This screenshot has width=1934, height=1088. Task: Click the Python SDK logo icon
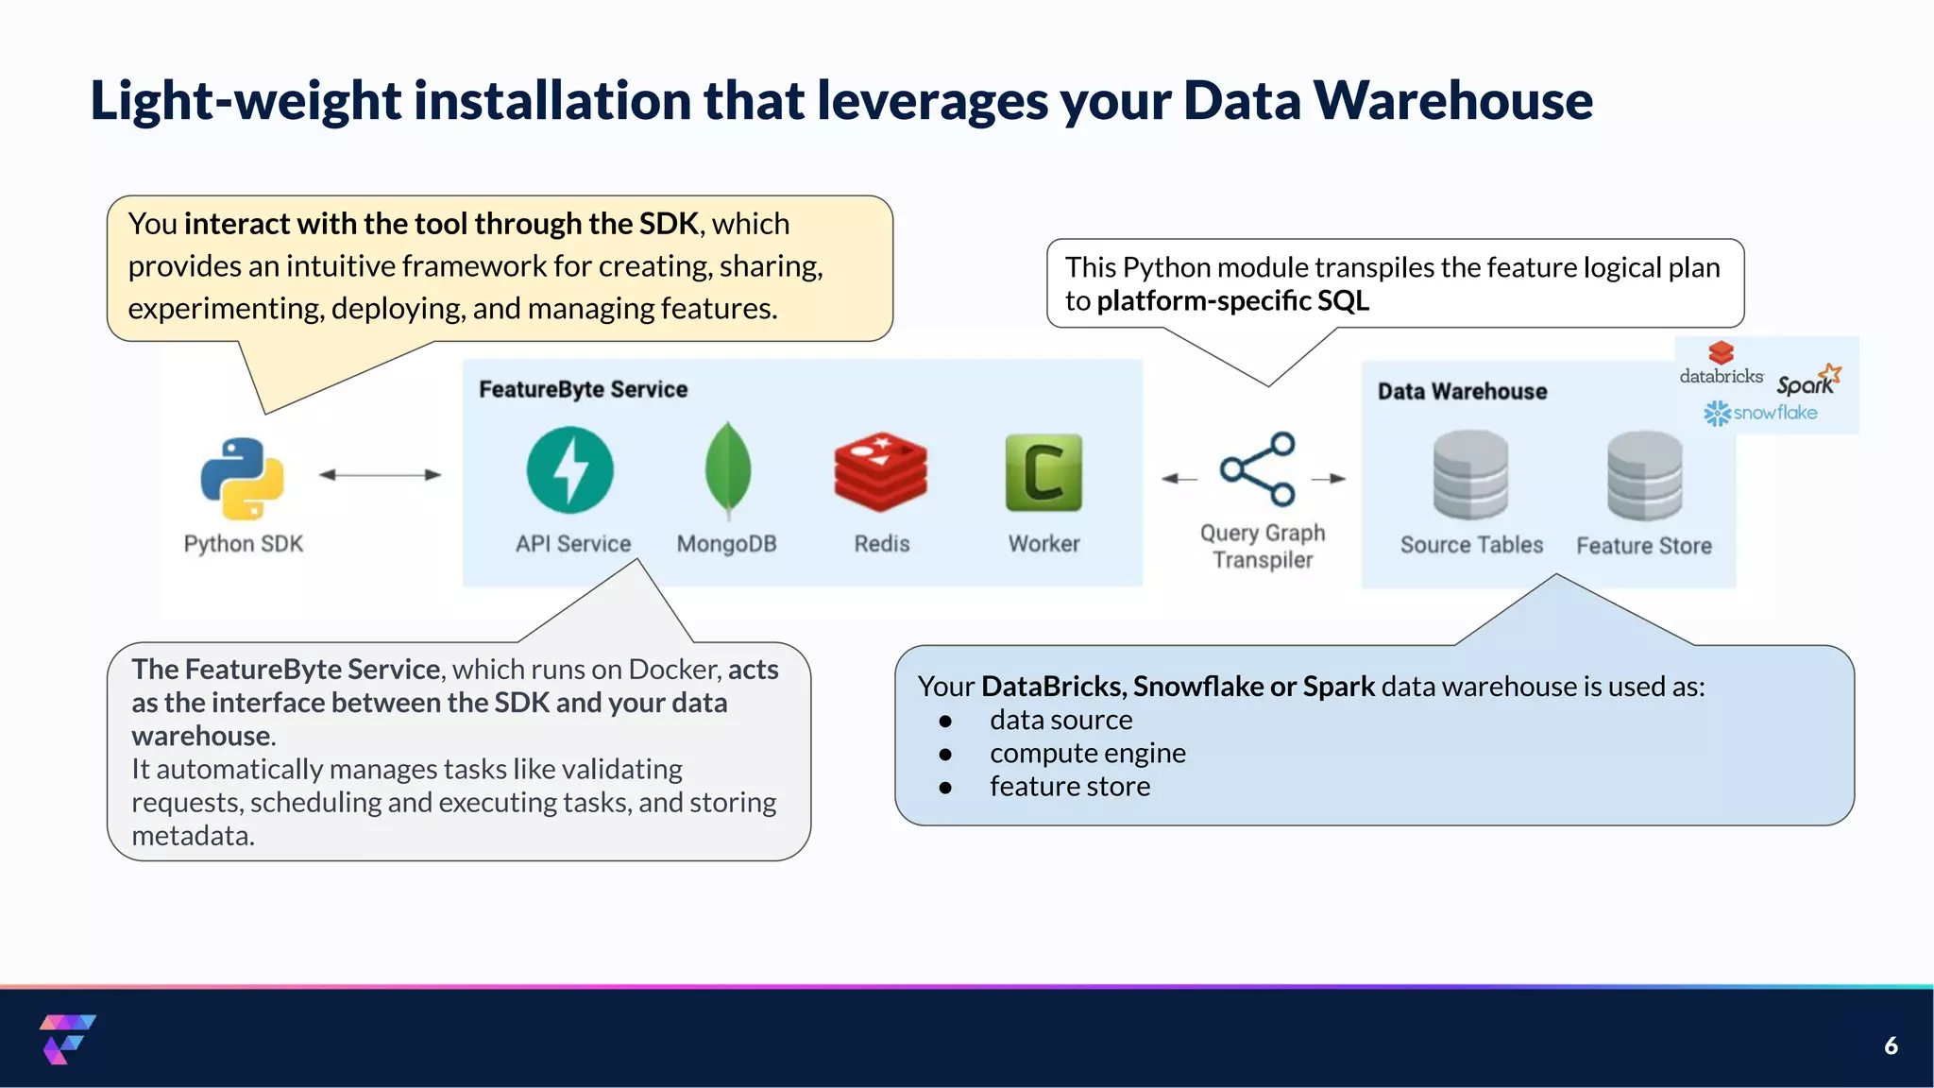tap(242, 478)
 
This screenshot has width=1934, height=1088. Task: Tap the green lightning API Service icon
tap(569, 469)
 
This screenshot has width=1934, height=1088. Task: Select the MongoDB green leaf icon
tap(727, 469)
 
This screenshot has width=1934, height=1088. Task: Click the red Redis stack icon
tap(880, 472)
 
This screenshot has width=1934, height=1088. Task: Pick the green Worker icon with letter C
tap(1043, 472)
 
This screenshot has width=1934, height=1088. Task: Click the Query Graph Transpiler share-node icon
tap(1258, 469)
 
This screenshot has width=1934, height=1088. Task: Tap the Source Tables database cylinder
tap(1470, 475)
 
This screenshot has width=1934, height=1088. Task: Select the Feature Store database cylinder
tap(1644, 475)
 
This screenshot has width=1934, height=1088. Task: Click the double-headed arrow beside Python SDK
tap(380, 474)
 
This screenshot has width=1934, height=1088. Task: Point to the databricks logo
tap(1721, 365)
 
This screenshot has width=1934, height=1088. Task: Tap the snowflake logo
tap(1760, 413)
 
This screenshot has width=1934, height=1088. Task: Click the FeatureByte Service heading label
tap(583, 389)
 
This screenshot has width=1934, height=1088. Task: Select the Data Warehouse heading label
tap(1462, 391)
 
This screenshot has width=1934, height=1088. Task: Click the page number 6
tap(1891, 1045)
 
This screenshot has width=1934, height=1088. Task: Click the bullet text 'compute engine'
tap(1087, 753)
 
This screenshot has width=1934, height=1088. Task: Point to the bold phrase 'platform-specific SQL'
tap(1232, 300)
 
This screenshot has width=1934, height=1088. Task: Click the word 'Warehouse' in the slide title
tap(1452, 100)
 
